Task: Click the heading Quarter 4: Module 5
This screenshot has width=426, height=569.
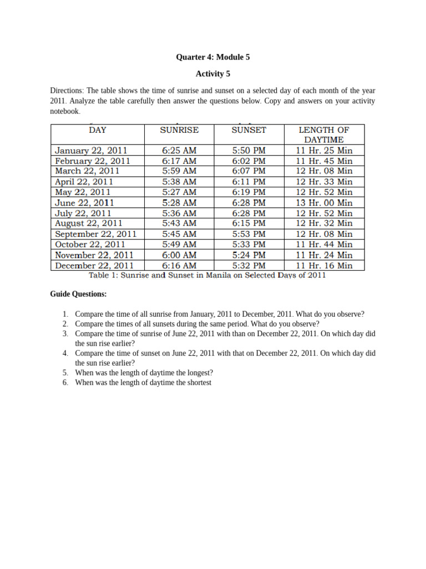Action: (x=212, y=57)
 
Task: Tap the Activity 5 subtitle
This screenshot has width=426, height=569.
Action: (x=212, y=73)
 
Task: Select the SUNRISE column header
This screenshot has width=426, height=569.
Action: (x=179, y=130)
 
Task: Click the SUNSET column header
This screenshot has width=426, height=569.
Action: (x=249, y=130)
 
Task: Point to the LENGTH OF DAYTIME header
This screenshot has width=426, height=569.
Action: (x=324, y=135)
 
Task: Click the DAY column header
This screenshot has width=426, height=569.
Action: (x=98, y=130)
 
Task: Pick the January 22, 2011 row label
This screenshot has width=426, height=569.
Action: (x=92, y=150)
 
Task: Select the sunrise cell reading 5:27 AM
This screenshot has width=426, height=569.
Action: (x=179, y=192)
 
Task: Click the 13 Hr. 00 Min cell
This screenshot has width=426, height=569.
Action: (x=324, y=203)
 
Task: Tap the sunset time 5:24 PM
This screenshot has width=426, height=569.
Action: (x=249, y=255)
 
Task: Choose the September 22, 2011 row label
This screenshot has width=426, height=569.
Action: (x=96, y=234)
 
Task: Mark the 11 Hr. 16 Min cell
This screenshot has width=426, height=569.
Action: (x=324, y=266)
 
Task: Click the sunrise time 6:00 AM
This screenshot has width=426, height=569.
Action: (x=179, y=255)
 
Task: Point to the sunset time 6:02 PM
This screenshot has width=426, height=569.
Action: (x=249, y=161)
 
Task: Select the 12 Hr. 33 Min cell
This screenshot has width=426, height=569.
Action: (x=324, y=182)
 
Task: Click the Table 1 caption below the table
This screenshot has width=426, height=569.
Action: (x=207, y=275)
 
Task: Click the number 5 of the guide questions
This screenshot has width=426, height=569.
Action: (x=65, y=373)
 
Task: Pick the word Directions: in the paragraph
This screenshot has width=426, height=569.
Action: (x=67, y=91)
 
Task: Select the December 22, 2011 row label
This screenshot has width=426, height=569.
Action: (x=94, y=266)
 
